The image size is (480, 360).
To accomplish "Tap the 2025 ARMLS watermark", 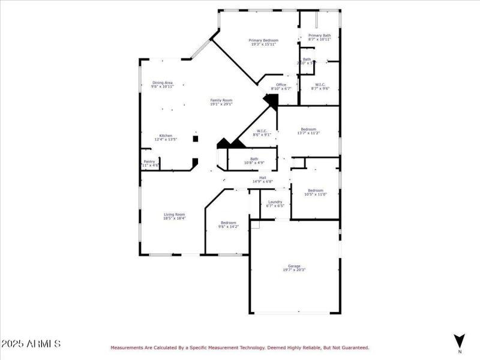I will tap(31, 344).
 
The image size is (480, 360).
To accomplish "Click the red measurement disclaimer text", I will tap(239, 347).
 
